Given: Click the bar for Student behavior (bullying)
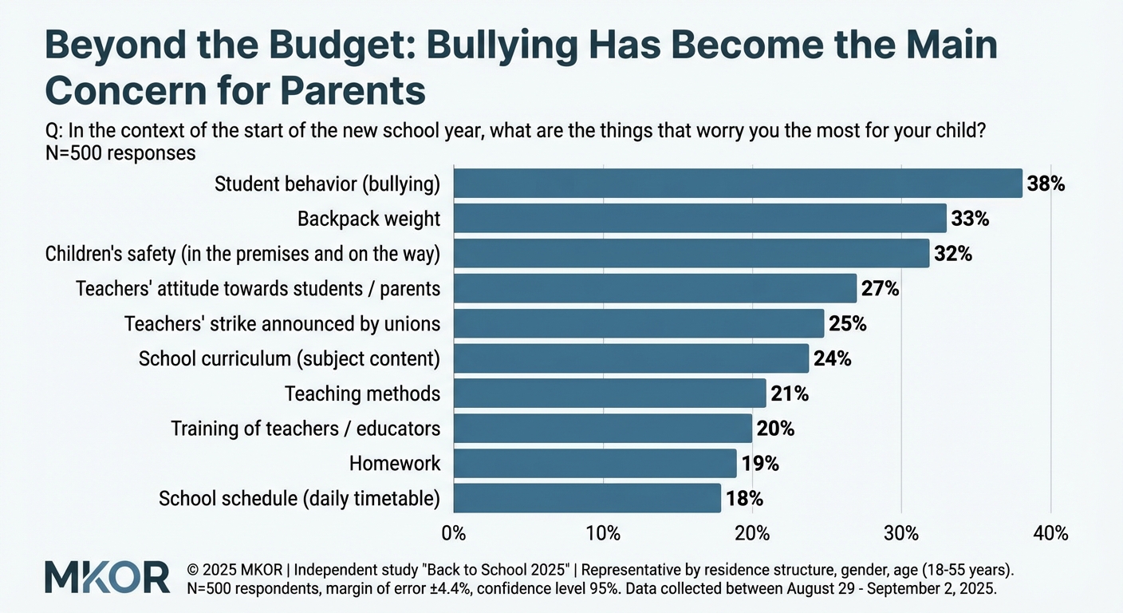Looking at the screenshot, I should pos(737,184).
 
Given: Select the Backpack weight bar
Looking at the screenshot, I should pos(699,219).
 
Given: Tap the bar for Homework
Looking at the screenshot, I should pos(594,463).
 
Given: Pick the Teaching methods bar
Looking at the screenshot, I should pos(609,394).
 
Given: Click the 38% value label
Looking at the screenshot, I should pos(1046,184).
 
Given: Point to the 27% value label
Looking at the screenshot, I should pos(880,289).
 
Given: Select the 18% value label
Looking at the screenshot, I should pos(744,499).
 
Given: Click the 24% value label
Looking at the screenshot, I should pos(832,359).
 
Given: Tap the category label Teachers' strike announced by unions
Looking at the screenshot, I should pos(282,324).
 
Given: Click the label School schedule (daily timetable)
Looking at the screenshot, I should pos(299,499).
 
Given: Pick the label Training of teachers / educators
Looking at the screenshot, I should pos(305,429).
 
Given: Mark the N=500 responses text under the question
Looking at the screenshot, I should pos(121,152).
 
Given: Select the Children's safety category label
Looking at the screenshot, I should pos(242,254).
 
